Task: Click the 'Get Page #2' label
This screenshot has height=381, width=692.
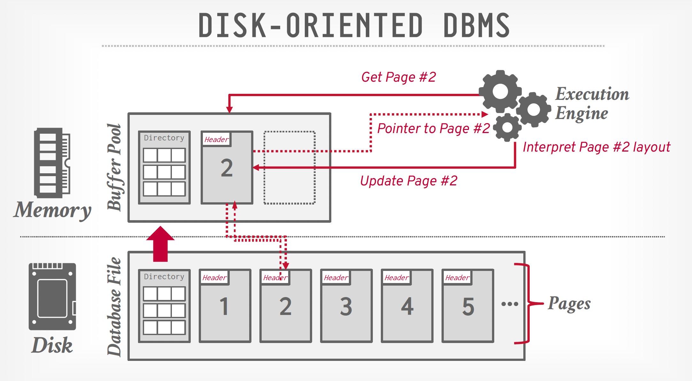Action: tap(398, 77)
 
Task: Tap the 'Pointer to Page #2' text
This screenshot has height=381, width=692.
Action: tap(433, 129)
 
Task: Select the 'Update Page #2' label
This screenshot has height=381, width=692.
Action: tap(409, 181)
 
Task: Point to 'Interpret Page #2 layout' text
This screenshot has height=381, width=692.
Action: tap(596, 147)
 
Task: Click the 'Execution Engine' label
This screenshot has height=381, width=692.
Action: tap(592, 103)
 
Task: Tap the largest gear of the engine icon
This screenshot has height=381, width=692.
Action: tap(500, 92)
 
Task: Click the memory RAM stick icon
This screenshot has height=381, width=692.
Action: tap(52, 163)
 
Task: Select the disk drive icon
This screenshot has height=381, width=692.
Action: tap(52, 296)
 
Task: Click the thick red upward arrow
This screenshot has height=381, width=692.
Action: tap(160, 244)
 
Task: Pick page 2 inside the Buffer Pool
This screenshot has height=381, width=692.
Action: tap(227, 168)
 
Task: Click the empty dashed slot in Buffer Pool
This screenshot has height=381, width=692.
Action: tap(289, 168)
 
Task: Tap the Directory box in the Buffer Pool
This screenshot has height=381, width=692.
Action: tap(164, 168)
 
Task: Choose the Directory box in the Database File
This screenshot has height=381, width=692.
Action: tap(164, 306)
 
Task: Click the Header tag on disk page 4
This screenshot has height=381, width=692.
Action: tap(396, 278)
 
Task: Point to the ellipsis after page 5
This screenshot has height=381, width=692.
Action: tap(510, 304)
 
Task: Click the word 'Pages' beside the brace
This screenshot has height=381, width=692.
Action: tap(569, 303)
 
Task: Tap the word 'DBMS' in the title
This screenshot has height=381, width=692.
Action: tap(476, 26)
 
